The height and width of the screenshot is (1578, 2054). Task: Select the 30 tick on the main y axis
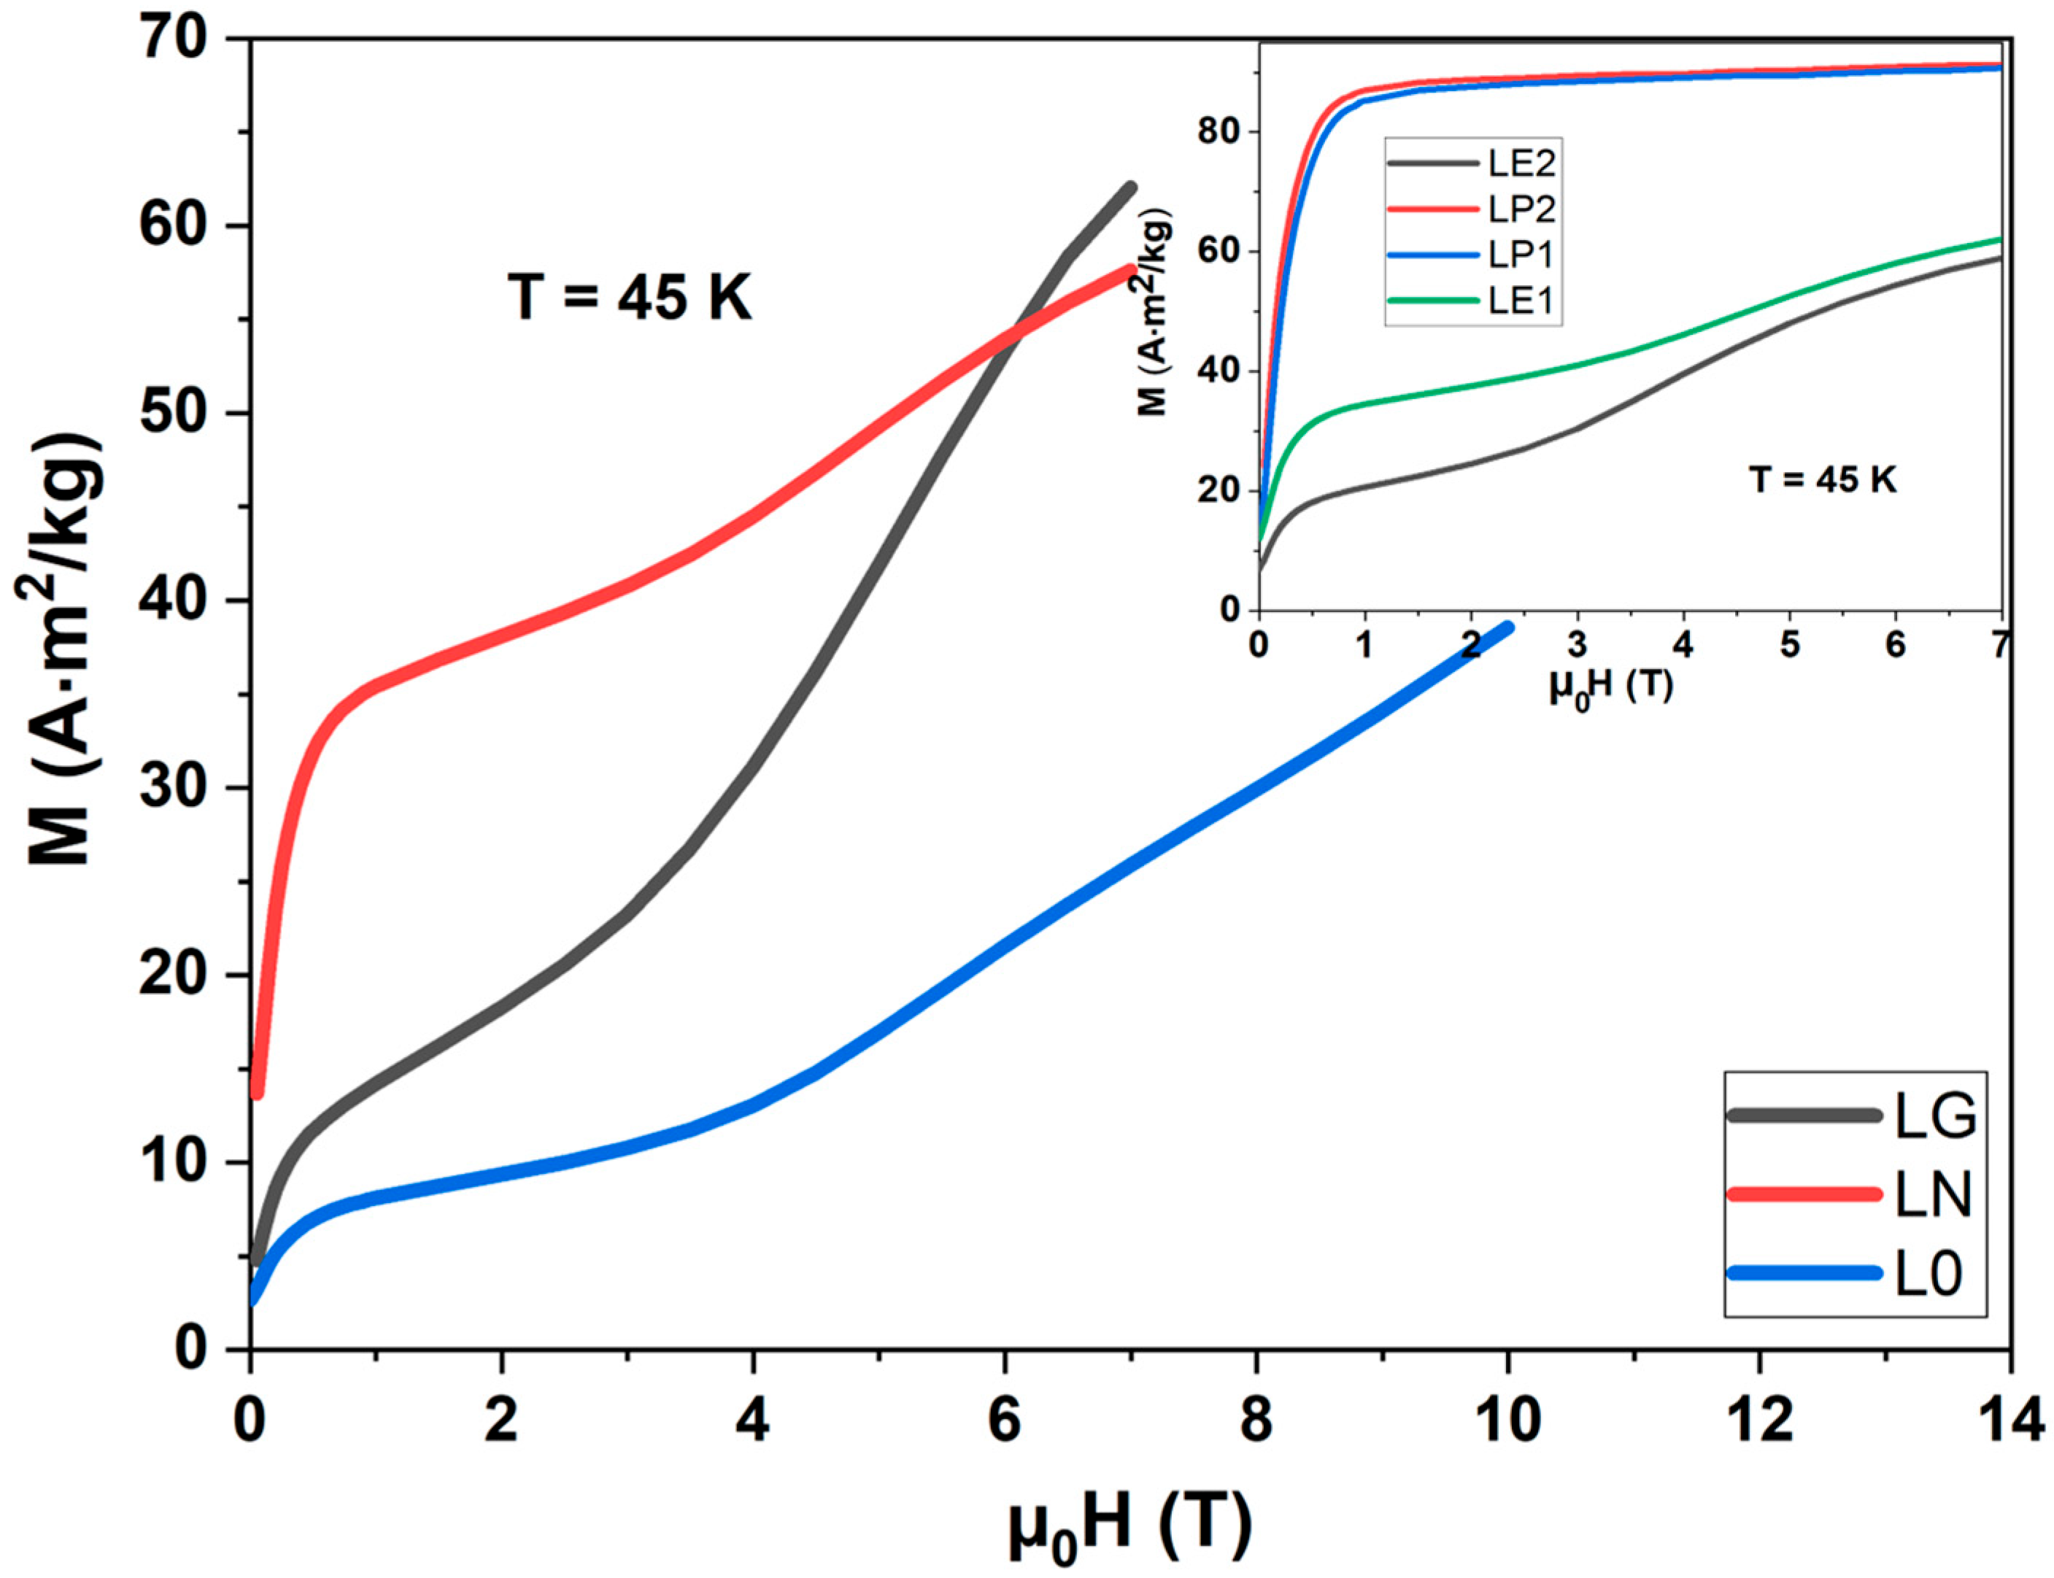[181, 788]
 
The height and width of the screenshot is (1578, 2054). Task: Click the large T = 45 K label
[629, 298]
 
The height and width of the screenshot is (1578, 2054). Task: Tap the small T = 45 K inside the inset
[1821, 481]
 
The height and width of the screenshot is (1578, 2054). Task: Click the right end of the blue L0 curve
[1507, 628]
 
